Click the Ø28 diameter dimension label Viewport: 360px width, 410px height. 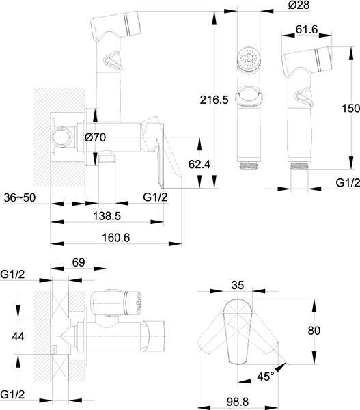299,5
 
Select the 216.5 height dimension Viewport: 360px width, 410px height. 214,100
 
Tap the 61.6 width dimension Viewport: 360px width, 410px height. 307,29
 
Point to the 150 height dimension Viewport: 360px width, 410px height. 351,108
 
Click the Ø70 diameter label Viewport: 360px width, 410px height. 95,137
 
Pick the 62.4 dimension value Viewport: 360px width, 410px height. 199,164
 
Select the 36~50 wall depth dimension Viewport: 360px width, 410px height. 20,198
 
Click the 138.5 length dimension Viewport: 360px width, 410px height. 107,216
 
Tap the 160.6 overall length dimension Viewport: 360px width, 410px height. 115,238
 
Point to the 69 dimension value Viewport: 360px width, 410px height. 79,262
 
